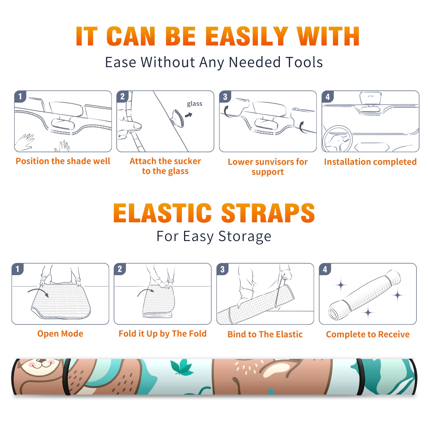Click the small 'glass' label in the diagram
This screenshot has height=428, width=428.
coord(194,104)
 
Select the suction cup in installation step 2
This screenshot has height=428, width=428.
coord(178,118)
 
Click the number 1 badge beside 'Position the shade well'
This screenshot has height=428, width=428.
coord(20,96)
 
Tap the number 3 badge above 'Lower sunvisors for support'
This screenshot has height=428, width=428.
coord(225,96)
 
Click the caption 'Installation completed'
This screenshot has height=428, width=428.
coord(370,162)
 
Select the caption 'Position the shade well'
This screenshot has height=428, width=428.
coord(63,161)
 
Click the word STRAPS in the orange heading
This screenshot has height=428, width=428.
coord(268,213)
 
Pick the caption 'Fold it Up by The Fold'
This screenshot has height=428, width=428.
coord(163,334)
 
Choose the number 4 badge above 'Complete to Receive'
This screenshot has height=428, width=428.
coord(325,269)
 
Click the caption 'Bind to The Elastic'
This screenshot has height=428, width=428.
coord(265,334)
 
